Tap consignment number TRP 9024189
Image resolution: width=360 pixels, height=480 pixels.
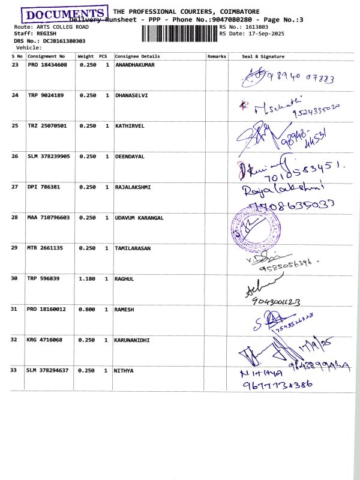click(44, 95)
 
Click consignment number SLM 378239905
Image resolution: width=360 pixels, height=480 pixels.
click(49, 156)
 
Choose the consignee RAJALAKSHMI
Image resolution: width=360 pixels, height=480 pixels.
click(133, 187)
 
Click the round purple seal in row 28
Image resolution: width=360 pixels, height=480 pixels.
click(253, 230)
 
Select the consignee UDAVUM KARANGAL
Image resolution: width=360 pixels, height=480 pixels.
click(139, 218)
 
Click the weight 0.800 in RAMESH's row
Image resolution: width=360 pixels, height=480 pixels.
click(88, 309)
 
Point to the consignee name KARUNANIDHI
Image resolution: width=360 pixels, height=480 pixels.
click(133, 340)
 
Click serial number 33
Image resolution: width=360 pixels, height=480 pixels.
click(15, 370)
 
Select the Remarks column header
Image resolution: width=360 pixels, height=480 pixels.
click(217, 56)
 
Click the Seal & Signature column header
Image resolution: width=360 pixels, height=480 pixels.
click(263, 56)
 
